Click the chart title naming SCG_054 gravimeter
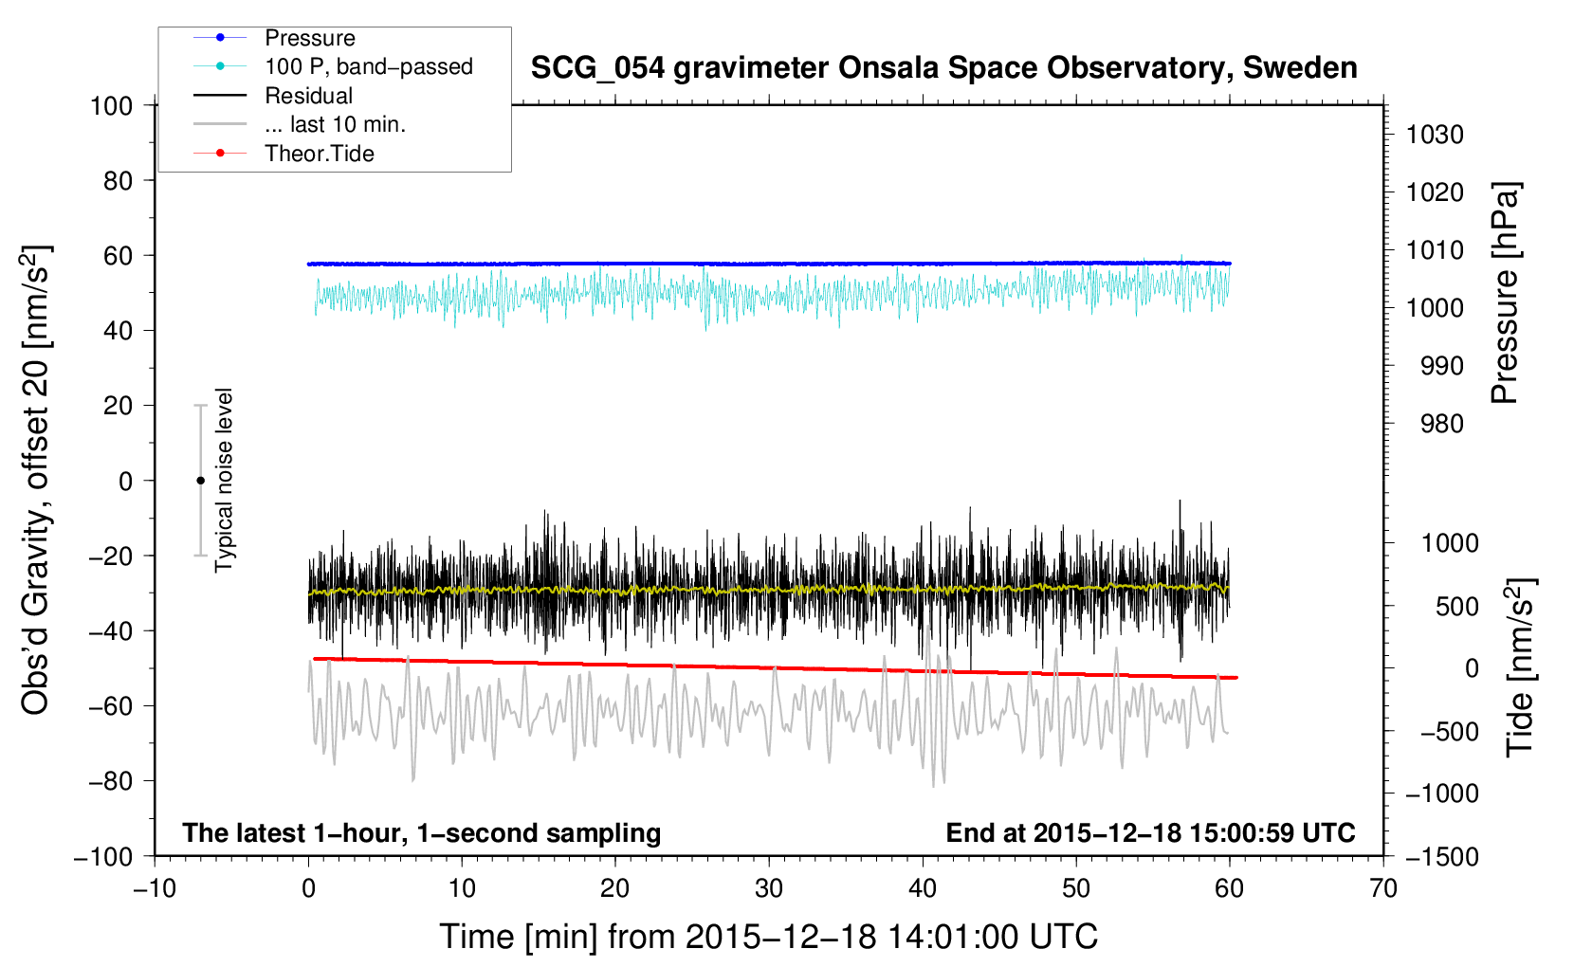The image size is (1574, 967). [x=943, y=68]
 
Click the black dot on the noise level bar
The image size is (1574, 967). [x=200, y=481]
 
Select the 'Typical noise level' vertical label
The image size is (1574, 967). [x=224, y=480]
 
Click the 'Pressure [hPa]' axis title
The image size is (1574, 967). [x=1505, y=293]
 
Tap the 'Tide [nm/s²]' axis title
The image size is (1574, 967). [x=1521, y=667]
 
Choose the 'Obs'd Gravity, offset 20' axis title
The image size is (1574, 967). [x=34, y=480]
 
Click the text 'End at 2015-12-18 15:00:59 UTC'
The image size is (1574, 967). [x=1150, y=832]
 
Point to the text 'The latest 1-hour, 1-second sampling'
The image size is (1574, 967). [x=422, y=832]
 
